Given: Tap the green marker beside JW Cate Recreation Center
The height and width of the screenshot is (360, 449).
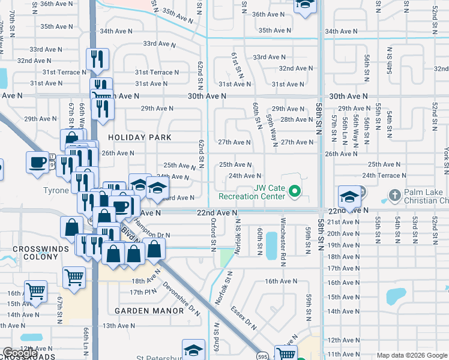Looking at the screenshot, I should [294, 192].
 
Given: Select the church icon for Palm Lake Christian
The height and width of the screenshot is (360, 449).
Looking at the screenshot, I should [394, 195].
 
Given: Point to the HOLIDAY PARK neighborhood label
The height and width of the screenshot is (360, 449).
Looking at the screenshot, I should [139, 137].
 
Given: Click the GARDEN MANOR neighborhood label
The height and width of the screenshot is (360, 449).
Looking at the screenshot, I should [148, 311].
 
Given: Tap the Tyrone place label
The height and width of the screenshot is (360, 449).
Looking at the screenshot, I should [56, 191].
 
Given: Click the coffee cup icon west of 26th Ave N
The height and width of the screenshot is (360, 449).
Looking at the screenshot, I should [37, 162].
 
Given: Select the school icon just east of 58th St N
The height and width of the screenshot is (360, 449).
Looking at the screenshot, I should [349, 196].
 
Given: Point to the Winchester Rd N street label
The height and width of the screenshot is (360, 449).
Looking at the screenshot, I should [282, 235].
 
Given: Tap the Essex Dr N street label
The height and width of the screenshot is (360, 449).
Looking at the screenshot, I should [244, 318].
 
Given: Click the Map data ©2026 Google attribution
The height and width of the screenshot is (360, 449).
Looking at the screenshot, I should [411, 355].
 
